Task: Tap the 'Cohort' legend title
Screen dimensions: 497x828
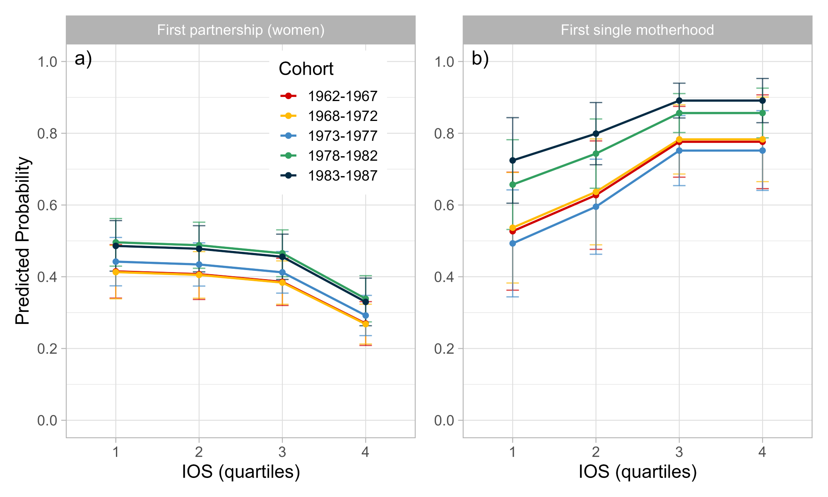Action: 306,69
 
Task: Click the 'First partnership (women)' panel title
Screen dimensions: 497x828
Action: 241,30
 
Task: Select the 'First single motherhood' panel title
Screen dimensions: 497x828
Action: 637,30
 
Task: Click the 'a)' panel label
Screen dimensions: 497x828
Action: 83,59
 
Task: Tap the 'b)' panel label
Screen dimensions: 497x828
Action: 480,59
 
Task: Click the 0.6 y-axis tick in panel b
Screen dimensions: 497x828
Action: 445,205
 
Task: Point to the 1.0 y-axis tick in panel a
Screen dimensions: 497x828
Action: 48,62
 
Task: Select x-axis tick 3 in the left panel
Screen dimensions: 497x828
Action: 282,451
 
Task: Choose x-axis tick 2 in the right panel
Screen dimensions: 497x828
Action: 596,451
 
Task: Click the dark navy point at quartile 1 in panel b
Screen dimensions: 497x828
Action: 513,160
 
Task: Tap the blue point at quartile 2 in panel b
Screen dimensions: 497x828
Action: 596,207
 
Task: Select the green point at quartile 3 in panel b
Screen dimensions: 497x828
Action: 679,113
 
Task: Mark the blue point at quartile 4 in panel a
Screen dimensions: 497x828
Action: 366,316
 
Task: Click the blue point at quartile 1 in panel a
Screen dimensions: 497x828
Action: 116,262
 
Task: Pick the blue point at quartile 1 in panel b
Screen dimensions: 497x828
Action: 513,244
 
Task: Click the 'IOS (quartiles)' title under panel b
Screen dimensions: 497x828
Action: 637,472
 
